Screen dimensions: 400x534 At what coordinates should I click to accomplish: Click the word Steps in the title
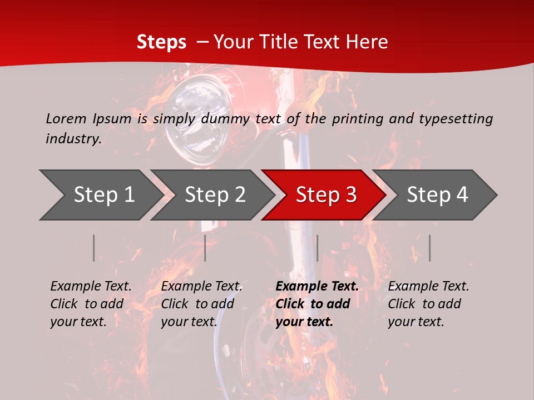(x=161, y=42)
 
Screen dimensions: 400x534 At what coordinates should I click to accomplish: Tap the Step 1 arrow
(x=100, y=194)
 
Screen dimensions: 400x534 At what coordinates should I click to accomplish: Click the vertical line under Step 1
(x=94, y=248)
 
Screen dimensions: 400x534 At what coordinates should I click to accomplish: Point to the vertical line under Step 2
(x=205, y=248)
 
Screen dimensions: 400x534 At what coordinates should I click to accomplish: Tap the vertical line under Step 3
(x=317, y=248)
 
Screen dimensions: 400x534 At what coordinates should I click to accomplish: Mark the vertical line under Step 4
(x=429, y=248)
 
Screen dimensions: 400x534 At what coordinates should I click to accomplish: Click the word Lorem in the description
(x=66, y=118)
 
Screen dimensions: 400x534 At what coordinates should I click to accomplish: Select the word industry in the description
(x=73, y=139)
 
